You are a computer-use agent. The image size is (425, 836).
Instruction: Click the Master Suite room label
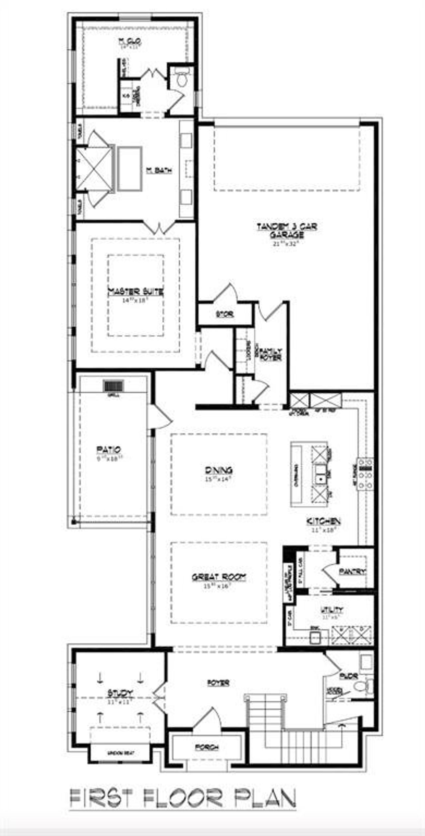[135, 292]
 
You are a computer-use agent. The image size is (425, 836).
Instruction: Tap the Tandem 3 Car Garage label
[287, 231]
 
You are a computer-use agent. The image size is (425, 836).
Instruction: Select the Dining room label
[218, 470]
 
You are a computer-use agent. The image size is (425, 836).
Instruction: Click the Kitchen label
[323, 521]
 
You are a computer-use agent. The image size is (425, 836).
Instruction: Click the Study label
[120, 693]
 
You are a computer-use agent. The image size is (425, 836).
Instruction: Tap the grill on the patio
[114, 386]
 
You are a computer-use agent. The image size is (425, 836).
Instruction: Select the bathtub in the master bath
[130, 168]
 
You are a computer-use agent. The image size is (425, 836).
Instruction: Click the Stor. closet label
[225, 314]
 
